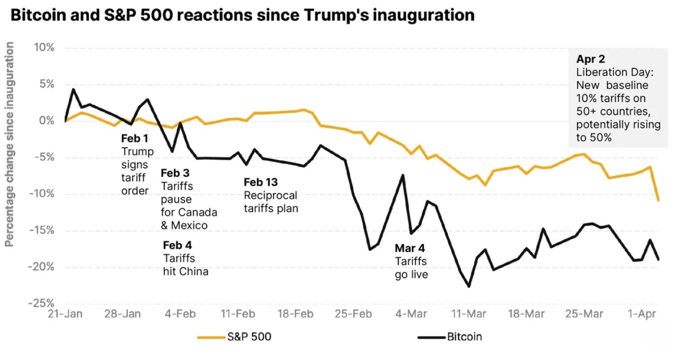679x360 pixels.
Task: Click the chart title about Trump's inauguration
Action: tap(243, 15)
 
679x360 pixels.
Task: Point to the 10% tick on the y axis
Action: tap(44, 47)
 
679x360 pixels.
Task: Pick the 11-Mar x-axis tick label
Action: tap(468, 314)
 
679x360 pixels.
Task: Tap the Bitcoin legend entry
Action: tap(464, 337)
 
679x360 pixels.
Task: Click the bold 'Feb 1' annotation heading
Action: tap(135, 139)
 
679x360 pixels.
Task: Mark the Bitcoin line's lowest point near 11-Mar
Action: tap(469, 286)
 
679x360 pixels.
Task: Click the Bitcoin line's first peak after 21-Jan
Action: tap(73, 89)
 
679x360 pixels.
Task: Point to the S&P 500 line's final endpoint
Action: tap(658, 200)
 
